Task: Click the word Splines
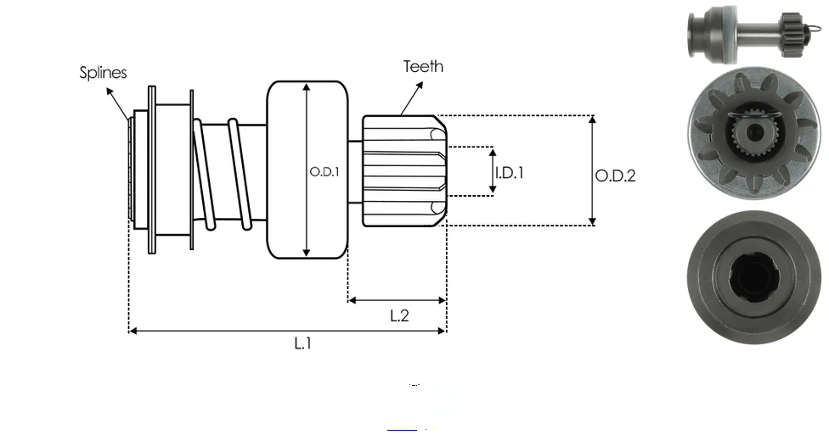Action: point(103,73)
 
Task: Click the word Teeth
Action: point(423,66)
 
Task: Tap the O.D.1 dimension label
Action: point(324,171)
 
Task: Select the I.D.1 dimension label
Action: point(510,172)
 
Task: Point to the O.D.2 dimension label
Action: point(615,176)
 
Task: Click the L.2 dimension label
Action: point(399,315)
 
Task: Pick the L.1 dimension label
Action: point(303,344)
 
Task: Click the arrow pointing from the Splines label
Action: point(118,100)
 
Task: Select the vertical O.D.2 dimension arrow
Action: point(592,170)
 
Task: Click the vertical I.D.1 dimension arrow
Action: point(493,171)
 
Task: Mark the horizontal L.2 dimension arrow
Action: point(397,300)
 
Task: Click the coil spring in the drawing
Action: point(221,174)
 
